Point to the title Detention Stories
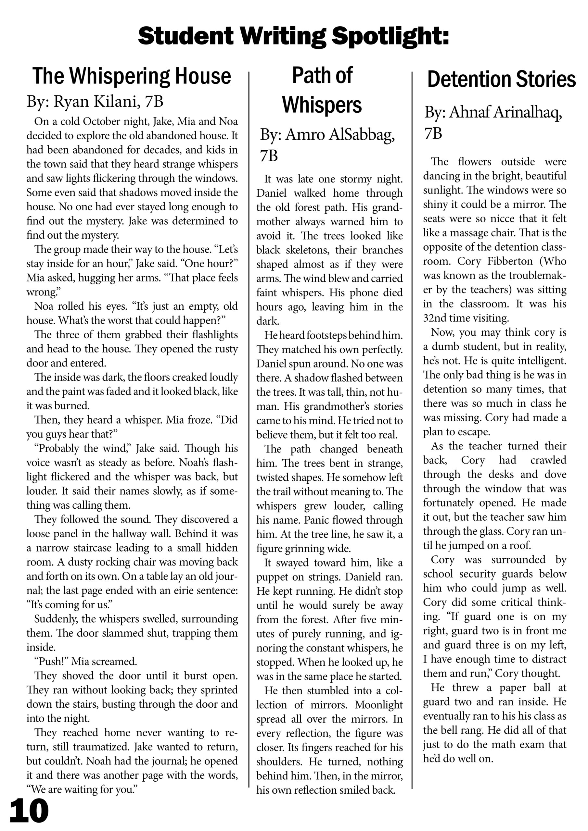(x=501, y=80)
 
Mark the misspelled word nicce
(x=507, y=218)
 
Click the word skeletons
(x=309, y=250)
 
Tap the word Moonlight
(x=378, y=705)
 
